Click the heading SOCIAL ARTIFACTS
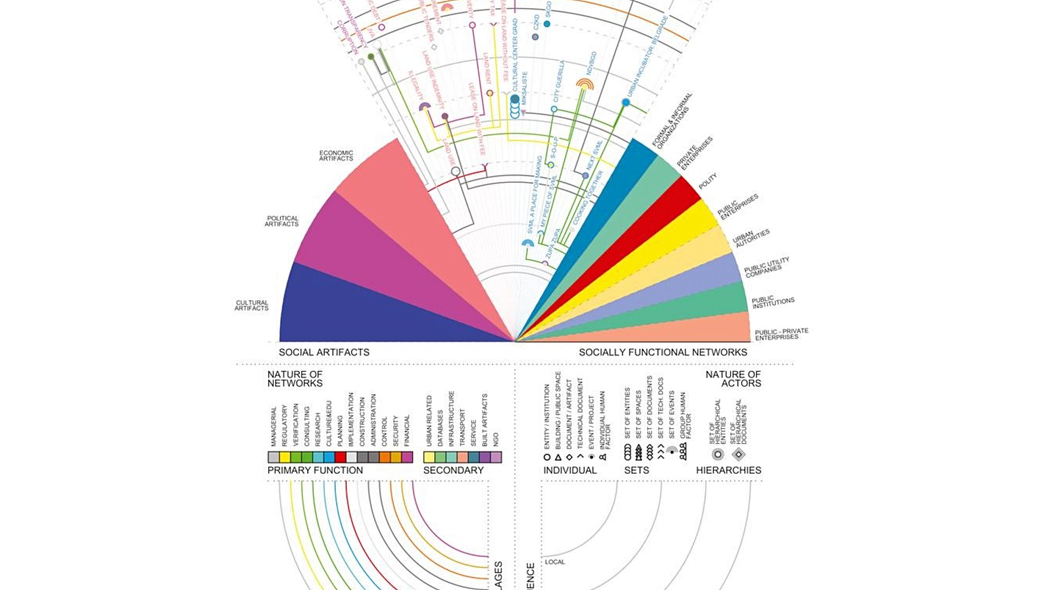coord(324,352)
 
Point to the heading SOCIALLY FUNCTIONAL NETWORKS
coord(662,352)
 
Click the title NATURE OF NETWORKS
coord(295,379)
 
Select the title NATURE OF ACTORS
coord(733,379)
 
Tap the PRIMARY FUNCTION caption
coord(315,470)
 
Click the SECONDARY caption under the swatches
coord(453,470)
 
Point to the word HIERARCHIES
coord(728,470)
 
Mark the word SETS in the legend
coord(636,470)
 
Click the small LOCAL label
coord(555,562)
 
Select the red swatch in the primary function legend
coord(340,457)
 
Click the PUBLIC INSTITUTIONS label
coord(773,302)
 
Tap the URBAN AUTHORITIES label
coord(751,238)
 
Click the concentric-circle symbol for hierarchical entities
coord(718,454)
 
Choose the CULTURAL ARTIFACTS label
coord(252,305)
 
